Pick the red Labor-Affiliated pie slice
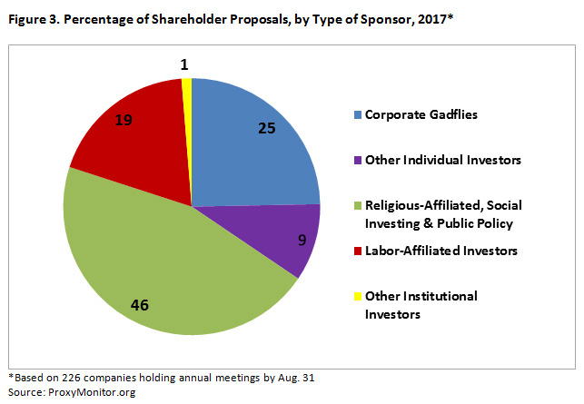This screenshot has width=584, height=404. click(136, 145)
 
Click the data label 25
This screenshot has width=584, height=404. click(265, 128)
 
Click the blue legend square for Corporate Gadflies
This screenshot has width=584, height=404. click(358, 115)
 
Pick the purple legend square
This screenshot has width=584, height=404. click(358, 162)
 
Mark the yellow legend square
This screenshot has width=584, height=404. click(358, 296)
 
